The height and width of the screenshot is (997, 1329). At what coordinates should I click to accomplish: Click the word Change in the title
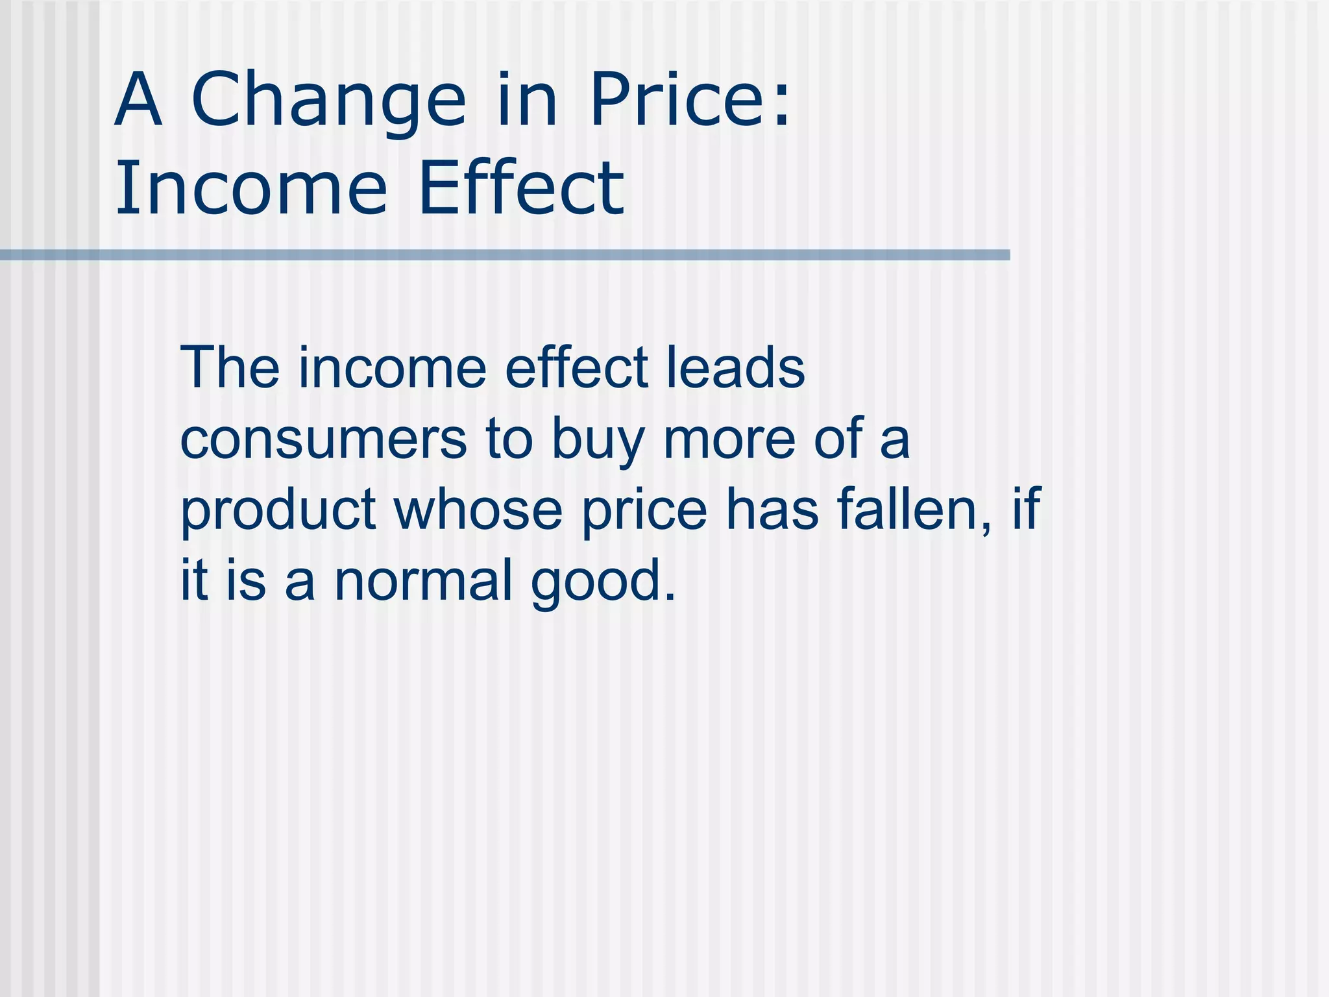pos(328,101)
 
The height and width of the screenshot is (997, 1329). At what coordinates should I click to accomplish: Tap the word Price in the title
pos(676,101)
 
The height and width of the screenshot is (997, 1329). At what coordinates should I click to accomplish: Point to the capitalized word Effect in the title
pos(521,189)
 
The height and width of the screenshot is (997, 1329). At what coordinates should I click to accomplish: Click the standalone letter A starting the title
pos(138,101)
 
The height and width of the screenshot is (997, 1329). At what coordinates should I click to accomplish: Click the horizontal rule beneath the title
pos(505,255)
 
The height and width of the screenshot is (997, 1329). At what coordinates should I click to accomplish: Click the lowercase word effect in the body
pos(577,368)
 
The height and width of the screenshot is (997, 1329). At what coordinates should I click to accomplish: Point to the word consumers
pos(323,439)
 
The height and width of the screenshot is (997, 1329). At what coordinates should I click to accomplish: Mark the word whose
pos(478,510)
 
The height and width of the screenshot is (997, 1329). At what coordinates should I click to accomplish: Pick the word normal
pos(423,580)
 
